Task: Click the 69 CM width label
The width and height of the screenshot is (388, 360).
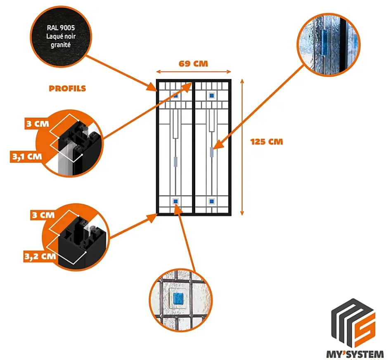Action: point(193,64)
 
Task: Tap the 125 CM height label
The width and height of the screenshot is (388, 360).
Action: point(267,141)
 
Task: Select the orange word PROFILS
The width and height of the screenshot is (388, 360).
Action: point(67,89)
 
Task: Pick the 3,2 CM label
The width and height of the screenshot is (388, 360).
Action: point(39,256)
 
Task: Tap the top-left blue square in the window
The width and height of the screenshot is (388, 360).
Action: point(175,96)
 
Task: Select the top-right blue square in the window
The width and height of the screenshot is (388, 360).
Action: point(212,96)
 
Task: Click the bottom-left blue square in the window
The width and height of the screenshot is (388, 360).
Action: point(175,201)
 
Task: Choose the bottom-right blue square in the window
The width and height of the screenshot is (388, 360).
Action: point(212,201)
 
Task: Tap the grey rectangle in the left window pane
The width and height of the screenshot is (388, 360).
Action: point(175,161)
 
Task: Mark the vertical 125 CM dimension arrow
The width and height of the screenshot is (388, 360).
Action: point(242,147)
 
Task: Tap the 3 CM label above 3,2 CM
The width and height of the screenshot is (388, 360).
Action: point(43,215)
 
